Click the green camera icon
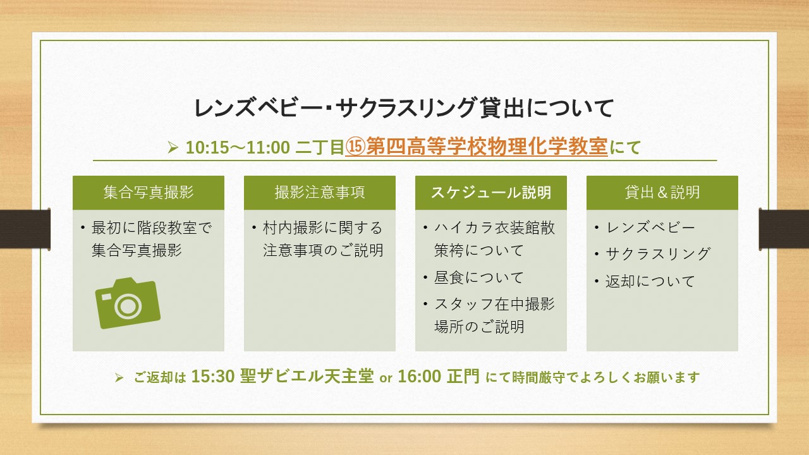pyautogui.click(x=128, y=303)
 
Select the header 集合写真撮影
pyautogui.click(x=149, y=192)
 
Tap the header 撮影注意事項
pyautogui.click(x=320, y=192)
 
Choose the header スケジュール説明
pyautogui.click(x=491, y=192)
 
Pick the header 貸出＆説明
pyautogui.click(x=662, y=192)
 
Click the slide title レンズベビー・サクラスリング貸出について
pyautogui.click(x=404, y=107)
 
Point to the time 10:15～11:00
pyautogui.click(x=238, y=147)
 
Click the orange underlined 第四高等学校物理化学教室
pyautogui.click(x=487, y=147)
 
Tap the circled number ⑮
pyautogui.click(x=356, y=147)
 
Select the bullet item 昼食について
pyautogui.click(x=478, y=277)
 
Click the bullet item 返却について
pyautogui.click(x=650, y=281)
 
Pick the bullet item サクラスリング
pyautogui.click(x=658, y=254)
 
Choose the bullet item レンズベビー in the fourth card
pyautogui.click(x=650, y=227)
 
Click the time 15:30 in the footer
pyautogui.click(x=213, y=376)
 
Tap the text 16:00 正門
pyautogui.click(x=439, y=376)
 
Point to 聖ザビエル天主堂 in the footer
pyautogui.click(x=307, y=376)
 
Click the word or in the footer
pyautogui.click(x=386, y=378)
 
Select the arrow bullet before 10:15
pyautogui.click(x=173, y=147)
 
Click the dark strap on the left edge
pyautogui.click(x=25, y=229)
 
